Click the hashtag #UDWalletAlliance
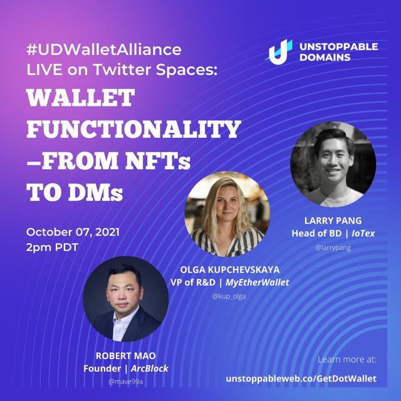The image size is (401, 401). point(104,49)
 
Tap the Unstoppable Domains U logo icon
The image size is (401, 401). point(278,52)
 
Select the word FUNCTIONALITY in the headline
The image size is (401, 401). point(133,129)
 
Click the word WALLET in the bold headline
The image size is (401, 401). point(81,98)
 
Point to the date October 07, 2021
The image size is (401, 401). point(73,232)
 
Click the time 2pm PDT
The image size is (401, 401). point(52,247)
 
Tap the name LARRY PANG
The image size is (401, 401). point(333,221)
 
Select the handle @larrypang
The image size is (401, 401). point(333,247)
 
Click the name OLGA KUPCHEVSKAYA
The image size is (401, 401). point(230,269)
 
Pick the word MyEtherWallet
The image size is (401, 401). point(258,283)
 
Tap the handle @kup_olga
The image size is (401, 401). point(229,296)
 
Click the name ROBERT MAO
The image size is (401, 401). point(125,356)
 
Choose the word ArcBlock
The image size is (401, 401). point(150,368)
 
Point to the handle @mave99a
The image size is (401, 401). point(125,382)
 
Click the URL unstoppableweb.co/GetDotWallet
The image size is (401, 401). point(301,378)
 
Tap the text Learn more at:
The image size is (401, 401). point(347,360)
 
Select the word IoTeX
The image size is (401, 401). point(363,233)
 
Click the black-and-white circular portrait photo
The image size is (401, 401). point(333,164)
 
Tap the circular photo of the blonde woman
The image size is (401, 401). point(227,214)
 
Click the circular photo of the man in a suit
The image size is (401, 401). point(125,299)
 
